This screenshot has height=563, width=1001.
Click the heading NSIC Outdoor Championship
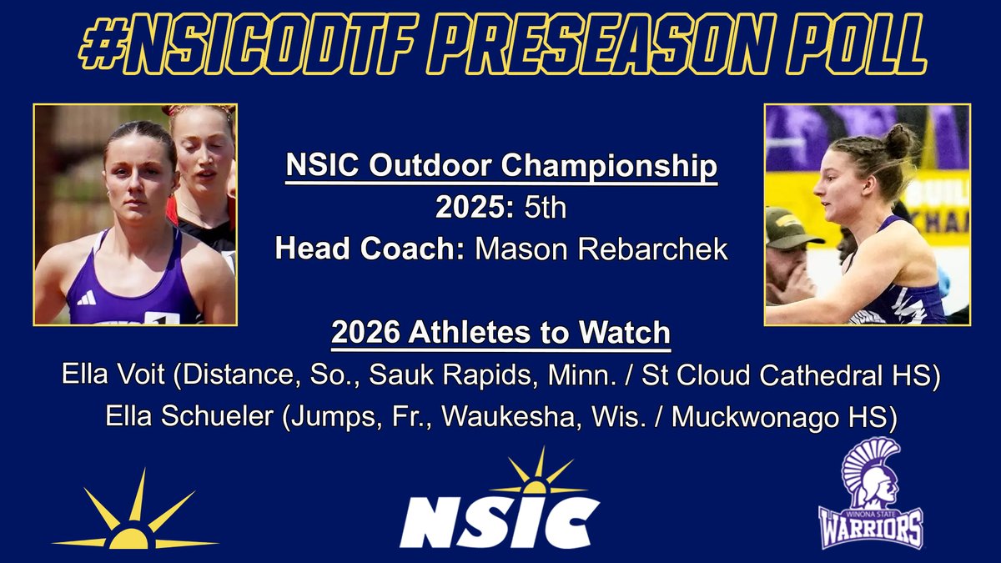pyautogui.click(x=500, y=167)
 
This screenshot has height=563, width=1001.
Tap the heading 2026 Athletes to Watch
pyautogui.click(x=500, y=333)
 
